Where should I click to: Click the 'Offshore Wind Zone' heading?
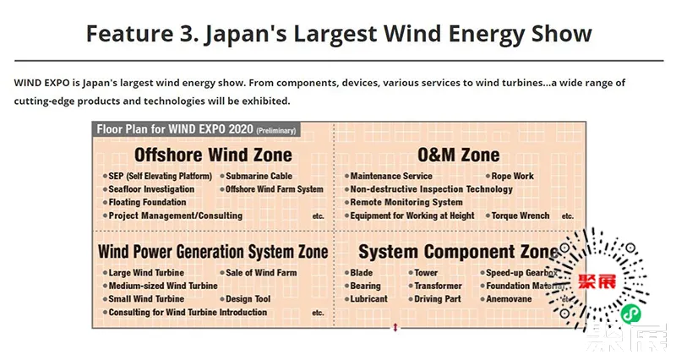(213, 155)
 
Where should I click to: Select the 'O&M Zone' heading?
(459, 155)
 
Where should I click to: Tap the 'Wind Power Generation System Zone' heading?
(213, 252)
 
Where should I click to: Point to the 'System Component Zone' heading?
(458, 252)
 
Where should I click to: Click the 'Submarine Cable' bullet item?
(259, 176)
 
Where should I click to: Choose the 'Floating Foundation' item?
(147, 202)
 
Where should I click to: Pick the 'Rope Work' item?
(513, 176)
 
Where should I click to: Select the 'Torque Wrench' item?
(521, 215)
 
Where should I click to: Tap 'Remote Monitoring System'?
(406, 202)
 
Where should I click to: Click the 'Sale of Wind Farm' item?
(261, 273)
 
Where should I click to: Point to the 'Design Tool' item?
(248, 299)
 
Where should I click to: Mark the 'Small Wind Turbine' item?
(146, 299)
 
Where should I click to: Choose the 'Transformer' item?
(438, 286)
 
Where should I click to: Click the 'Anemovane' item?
(509, 299)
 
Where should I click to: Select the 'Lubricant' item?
(368, 299)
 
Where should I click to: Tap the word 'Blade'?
(362, 273)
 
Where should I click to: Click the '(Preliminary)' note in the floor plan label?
(276, 131)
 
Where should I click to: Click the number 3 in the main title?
(187, 34)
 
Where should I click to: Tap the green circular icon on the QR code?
(630, 314)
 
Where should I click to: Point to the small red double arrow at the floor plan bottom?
(395, 328)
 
